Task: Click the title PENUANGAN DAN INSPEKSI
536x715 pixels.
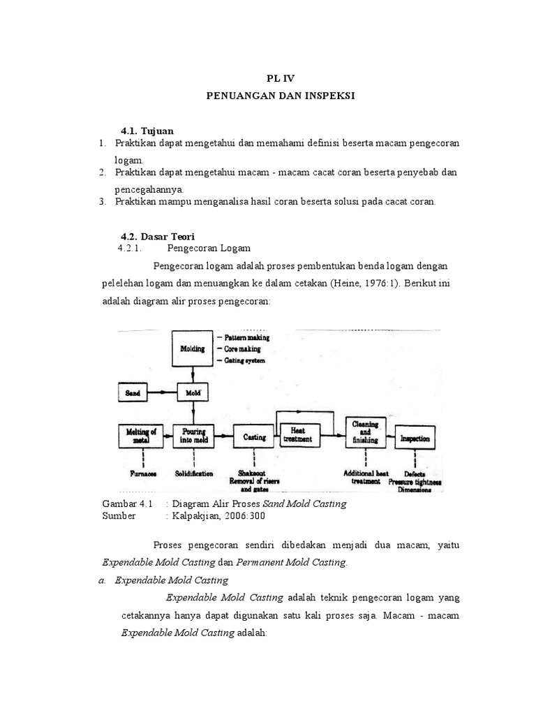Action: pyautogui.click(x=281, y=96)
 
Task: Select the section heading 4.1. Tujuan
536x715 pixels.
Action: pyautogui.click(x=147, y=131)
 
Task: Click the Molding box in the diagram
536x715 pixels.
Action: pyautogui.click(x=193, y=348)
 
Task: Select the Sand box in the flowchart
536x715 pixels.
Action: pyautogui.click(x=133, y=392)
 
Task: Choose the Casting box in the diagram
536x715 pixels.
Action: pyautogui.click(x=254, y=437)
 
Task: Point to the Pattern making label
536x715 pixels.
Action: pyautogui.click(x=245, y=337)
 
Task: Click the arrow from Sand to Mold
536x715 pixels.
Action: pyautogui.click(x=162, y=392)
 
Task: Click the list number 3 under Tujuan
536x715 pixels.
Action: pyautogui.click(x=102, y=202)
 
